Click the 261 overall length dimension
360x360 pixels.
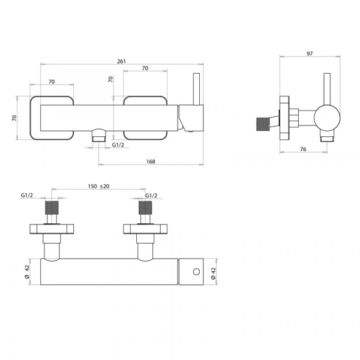click(121, 61)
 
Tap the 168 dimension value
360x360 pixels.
click(151, 161)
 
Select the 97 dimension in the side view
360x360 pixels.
click(310, 53)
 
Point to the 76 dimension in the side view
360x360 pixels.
click(303, 149)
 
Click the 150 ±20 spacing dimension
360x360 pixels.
click(98, 186)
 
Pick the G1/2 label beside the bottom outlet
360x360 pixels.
click(118, 145)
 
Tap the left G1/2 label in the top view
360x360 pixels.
click(27, 195)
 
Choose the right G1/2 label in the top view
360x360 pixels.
click(151, 196)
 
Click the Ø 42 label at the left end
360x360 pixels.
click(27, 272)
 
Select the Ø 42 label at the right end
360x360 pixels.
click(213, 274)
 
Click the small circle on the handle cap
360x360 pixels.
click(196, 272)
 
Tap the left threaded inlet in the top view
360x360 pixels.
click(52, 208)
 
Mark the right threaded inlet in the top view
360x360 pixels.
click(145, 208)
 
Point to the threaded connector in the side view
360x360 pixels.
click(263, 124)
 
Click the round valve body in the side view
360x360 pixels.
click(327, 118)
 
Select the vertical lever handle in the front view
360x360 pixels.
click(196, 89)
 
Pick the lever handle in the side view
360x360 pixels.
click(327, 89)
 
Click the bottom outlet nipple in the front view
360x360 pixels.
click(99, 135)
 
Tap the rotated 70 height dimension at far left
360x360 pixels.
click(14, 118)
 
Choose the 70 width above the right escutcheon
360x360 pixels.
click(145, 68)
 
